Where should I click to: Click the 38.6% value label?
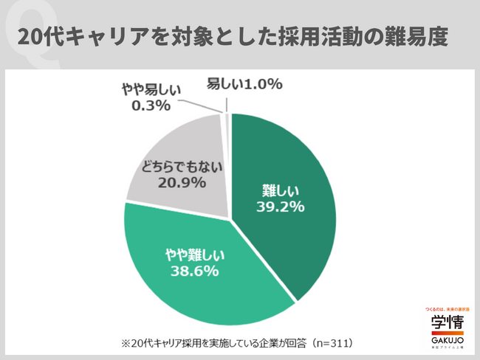(194, 271)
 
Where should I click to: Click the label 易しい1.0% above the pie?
(244, 84)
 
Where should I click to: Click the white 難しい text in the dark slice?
(278, 190)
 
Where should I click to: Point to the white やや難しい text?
(194, 255)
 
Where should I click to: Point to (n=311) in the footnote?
(332, 343)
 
